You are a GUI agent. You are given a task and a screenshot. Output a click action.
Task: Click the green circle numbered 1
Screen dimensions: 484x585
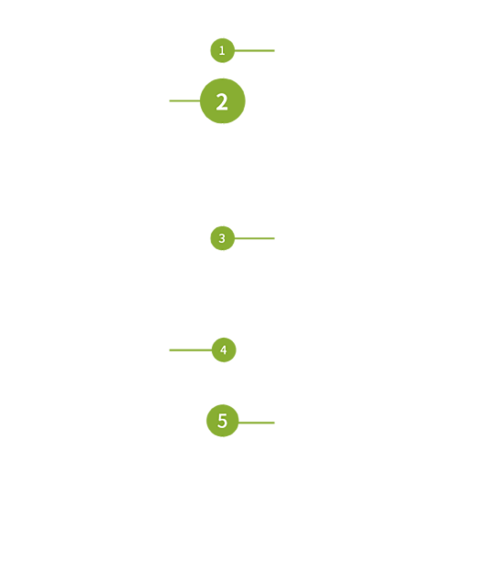click(223, 50)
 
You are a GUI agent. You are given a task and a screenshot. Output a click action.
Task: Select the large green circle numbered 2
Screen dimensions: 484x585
click(223, 100)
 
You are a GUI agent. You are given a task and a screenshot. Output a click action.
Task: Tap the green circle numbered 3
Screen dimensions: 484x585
click(223, 238)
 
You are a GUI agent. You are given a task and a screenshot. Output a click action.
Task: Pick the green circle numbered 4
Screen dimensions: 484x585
click(224, 350)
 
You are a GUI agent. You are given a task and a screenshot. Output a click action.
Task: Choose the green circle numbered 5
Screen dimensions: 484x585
click(223, 421)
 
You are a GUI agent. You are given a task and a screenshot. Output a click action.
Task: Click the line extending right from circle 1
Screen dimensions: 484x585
click(255, 50)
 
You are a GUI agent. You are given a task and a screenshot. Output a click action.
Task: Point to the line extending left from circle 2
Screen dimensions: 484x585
click(184, 100)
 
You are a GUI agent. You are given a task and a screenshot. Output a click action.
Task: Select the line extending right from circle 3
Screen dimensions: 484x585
click(255, 238)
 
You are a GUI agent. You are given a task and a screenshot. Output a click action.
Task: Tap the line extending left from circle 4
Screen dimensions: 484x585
click(191, 350)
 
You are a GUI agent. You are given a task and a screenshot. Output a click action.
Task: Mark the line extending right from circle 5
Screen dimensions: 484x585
click(257, 423)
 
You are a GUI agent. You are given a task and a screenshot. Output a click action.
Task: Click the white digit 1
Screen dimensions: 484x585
click(222, 50)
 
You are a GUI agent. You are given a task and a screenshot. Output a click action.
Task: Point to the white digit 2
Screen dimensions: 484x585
click(222, 102)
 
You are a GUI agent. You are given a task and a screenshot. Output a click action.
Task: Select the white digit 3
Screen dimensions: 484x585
click(222, 238)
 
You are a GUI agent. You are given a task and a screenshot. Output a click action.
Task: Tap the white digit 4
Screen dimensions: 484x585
click(224, 350)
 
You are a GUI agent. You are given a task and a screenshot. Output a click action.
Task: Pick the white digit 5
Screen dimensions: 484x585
click(222, 421)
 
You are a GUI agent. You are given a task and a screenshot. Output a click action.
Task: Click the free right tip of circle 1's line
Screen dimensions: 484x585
click(275, 50)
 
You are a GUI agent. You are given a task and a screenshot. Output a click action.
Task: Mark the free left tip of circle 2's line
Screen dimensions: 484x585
click(170, 100)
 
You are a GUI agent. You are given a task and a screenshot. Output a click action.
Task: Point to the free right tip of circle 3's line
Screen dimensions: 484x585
click(275, 238)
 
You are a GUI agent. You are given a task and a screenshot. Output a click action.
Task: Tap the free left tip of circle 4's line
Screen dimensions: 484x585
click(170, 350)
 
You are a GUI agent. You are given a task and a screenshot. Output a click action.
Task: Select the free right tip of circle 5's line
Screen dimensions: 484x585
click(275, 423)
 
